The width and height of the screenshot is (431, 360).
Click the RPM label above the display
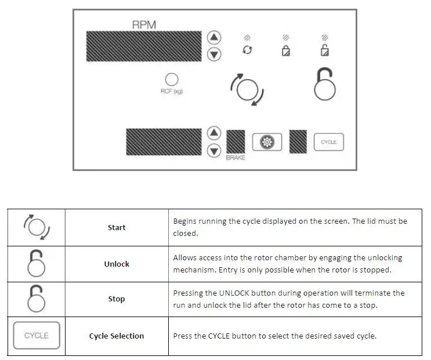click(x=144, y=25)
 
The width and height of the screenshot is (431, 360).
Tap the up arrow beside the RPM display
click(x=215, y=38)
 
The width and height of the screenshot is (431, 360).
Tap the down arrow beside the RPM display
click(x=215, y=54)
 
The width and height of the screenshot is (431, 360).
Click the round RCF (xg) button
click(x=172, y=79)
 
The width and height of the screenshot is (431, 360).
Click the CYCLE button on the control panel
click(x=329, y=142)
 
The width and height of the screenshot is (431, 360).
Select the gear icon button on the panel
click(x=267, y=142)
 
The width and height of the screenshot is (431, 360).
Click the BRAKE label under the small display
click(x=236, y=158)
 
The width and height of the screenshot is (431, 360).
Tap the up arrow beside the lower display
click(x=215, y=133)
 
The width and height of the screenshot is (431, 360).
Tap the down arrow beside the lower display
click(x=215, y=151)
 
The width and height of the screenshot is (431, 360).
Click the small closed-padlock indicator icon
click(x=285, y=51)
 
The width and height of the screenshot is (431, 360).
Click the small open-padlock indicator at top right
click(x=325, y=50)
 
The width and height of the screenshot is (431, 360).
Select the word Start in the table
click(x=117, y=227)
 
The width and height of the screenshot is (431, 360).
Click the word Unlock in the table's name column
click(x=117, y=264)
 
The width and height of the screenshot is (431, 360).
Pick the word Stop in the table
click(x=117, y=299)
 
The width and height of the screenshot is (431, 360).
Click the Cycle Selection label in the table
click(x=117, y=336)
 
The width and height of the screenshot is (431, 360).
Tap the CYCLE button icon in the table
click(x=37, y=336)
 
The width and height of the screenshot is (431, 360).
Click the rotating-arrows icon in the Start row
click(x=37, y=227)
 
